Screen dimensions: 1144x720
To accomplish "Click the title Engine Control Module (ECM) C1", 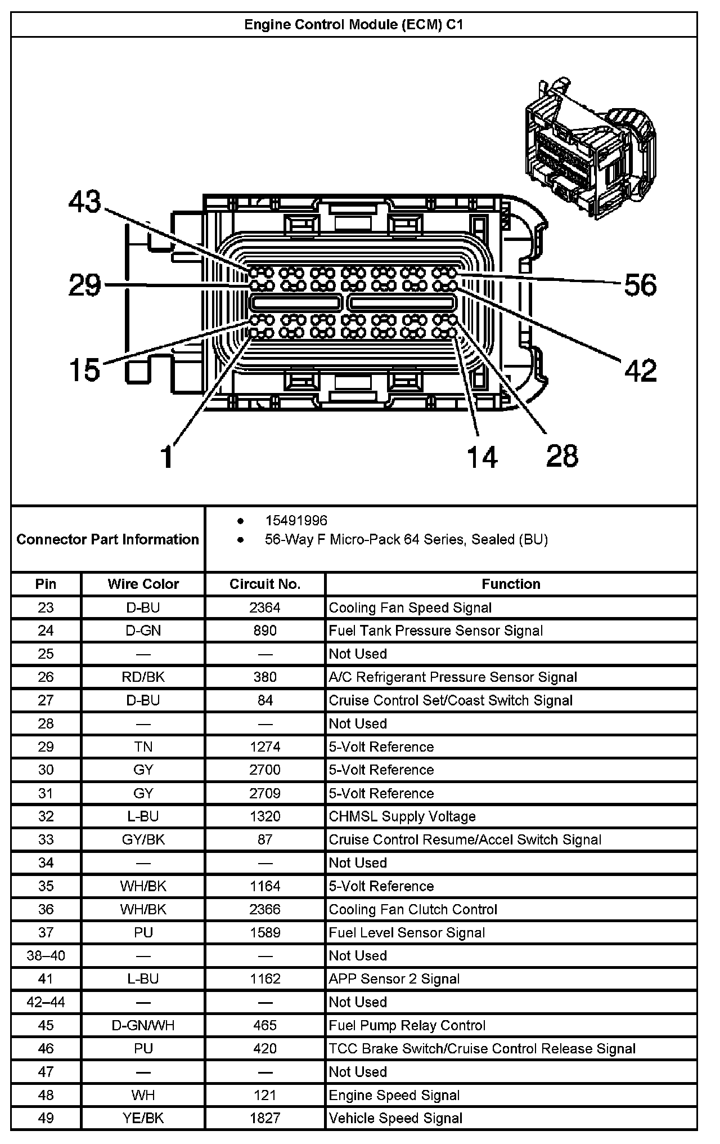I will tap(353, 25).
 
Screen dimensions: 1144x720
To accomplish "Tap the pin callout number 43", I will tap(85, 202).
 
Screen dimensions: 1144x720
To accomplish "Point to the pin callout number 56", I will tap(640, 285).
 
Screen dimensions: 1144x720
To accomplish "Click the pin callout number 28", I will tap(562, 455).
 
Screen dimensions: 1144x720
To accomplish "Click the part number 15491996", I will tap(296, 521).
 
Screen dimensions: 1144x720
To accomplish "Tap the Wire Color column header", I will tap(143, 584).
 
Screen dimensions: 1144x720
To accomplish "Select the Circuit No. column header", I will tap(265, 584).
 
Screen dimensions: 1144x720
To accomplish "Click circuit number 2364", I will tap(265, 607).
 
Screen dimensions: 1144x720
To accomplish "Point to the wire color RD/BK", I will tap(143, 677).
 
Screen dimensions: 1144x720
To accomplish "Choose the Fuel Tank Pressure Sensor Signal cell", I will tap(436, 631).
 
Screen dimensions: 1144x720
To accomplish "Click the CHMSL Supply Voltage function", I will tap(402, 816).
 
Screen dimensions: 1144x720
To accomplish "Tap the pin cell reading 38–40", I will tap(46, 955).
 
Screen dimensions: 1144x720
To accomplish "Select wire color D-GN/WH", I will tap(143, 1025).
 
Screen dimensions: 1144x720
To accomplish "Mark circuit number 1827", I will tap(265, 1118).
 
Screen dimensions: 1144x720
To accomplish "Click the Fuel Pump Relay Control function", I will tap(407, 1025).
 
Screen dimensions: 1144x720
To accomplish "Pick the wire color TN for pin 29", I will tap(143, 747).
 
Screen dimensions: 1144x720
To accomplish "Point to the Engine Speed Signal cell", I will tap(394, 1095).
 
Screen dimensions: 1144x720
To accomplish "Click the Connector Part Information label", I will tap(107, 539).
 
